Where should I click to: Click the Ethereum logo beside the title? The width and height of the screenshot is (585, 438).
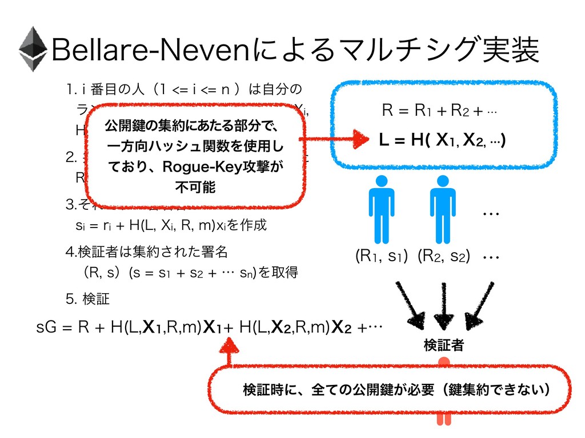[x=33, y=50]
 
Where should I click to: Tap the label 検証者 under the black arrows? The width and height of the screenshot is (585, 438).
[x=443, y=345]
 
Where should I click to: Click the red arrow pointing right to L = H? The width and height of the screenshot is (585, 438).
[x=334, y=139]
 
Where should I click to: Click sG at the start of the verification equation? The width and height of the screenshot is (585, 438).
[x=47, y=327]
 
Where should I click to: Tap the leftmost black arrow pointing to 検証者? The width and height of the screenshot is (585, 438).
[x=410, y=301]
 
